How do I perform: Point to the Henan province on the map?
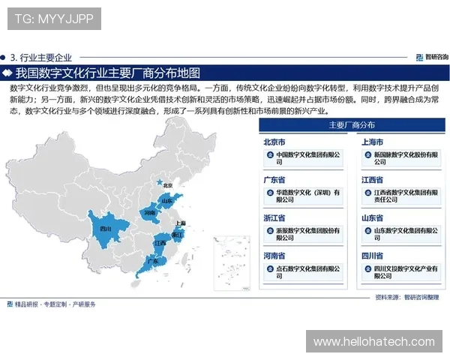pyautogui.click(x=150, y=213)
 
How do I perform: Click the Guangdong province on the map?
pyautogui.click(x=153, y=262)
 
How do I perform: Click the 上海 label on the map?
pyautogui.click(x=180, y=223)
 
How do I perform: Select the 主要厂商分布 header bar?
pyautogui.click(x=352, y=125)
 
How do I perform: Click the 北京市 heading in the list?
pyautogui.click(x=274, y=142)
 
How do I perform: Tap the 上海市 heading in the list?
pyautogui.click(x=373, y=142)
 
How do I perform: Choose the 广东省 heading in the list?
pyautogui.click(x=274, y=180)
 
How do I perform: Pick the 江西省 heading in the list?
pyautogui.click(x=373, y=180)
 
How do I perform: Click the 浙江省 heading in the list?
pyautogui.click(x=274, y=218)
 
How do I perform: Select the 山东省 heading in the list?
pyautogui.click(x=373, y=218)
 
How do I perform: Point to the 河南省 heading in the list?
pyautogui.click(x=274, y=256)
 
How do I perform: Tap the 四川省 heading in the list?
pyautogui.click(x=373, y=256)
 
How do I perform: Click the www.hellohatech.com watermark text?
pyautogui.click(x=373, y=341)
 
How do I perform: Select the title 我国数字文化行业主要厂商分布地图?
pyautogui.click(x=108, y=73)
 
